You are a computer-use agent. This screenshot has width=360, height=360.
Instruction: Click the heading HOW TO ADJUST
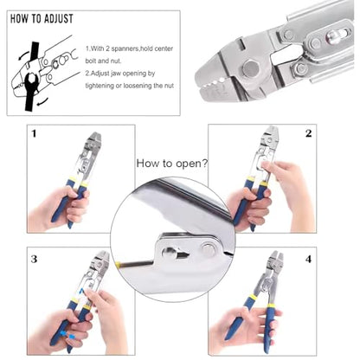(x=42, y=19)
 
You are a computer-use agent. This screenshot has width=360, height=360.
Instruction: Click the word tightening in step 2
(x=100, y=86)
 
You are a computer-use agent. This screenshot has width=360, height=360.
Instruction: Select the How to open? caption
(x=172, y=164)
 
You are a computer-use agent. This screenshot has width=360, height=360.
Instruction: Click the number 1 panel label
(x=34, y=133)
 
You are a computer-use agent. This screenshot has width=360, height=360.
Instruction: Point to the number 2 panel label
(x=308, y=133)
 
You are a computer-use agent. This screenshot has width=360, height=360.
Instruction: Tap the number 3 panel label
(x=34, y=259)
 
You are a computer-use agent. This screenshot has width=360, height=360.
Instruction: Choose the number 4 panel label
(x=308, y=259)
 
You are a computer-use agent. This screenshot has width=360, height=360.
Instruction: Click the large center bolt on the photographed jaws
(x=250, y=68)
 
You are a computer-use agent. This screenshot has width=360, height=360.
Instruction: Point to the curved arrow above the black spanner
(x=24, y=55)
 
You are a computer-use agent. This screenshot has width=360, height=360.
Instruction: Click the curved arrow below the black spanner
(x=42, y=101)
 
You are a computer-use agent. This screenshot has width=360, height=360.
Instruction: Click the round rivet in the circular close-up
(x=209, y=250)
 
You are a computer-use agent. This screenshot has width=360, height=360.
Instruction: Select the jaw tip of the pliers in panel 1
(x=95, y=136)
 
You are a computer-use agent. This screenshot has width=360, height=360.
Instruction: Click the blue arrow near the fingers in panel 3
(x=66, y=335)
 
